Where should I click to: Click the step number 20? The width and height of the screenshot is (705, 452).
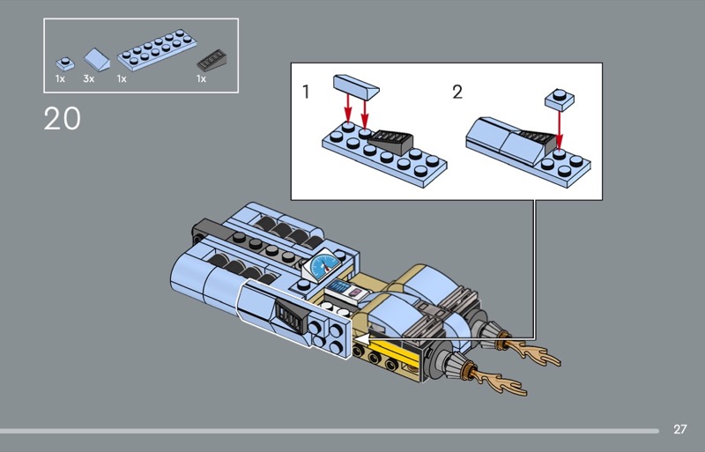[62, 118]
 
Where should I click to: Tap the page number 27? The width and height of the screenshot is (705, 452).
[679, 429]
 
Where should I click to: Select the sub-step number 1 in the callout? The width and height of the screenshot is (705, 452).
[306, 92]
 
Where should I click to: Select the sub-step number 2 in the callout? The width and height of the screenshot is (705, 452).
[457, 92]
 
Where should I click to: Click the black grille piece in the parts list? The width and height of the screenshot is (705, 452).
[211, 60]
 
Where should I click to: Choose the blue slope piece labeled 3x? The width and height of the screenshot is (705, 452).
[97, 59]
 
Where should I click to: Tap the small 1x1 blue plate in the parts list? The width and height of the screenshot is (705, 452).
[65, 63]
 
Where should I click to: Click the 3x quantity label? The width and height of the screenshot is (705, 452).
[89, 78]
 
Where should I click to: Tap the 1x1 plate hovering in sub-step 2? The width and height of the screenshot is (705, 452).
[560, 100]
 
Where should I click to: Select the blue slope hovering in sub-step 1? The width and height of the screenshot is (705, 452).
[356, 87]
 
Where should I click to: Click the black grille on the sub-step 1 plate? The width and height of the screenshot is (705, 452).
[390, 141]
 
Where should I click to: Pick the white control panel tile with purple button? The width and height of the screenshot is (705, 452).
[347, 293]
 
